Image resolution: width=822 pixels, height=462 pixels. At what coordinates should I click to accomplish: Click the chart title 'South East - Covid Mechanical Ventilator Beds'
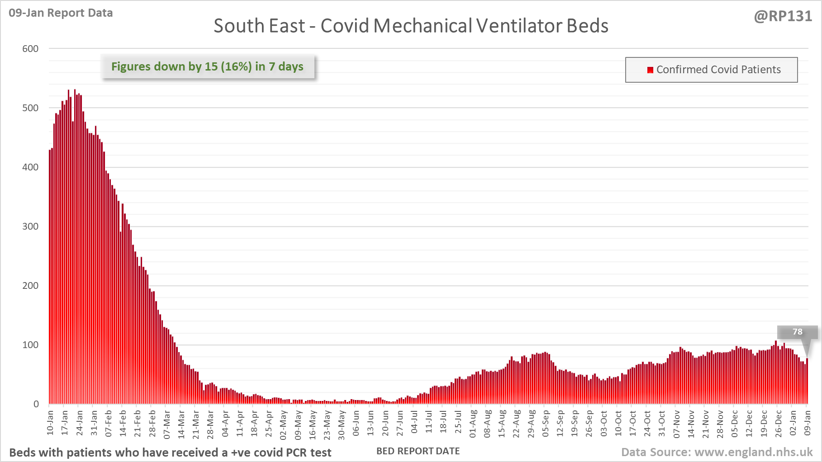point(411,26)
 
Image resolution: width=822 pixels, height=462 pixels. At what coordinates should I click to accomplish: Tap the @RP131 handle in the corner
point(783,16)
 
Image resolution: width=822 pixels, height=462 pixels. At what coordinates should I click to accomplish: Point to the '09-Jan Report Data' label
point(61,13)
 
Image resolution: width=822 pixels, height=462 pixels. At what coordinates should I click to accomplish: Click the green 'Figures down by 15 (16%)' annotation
point(208,66)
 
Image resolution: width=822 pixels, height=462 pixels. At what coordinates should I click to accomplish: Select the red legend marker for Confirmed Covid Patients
point(650,70)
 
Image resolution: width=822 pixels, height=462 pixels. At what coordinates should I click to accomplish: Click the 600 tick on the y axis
point(30,48)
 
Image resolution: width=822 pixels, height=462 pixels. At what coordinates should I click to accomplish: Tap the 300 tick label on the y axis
point(30,226)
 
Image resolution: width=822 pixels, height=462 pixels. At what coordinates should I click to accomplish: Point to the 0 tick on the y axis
point(36,404)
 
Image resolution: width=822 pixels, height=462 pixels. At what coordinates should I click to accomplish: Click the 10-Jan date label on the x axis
point(50,423)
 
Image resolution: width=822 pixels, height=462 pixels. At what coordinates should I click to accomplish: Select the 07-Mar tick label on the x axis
point(166,424)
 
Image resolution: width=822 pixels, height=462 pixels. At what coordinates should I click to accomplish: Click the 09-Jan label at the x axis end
point(808,423)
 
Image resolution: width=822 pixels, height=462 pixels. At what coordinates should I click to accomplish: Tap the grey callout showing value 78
point(797,332)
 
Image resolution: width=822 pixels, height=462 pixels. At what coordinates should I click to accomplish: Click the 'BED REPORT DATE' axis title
point(418,451)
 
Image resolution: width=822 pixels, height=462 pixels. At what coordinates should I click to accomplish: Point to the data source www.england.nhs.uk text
point(717,452)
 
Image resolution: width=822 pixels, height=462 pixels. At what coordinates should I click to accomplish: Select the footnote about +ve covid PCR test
point(170,453)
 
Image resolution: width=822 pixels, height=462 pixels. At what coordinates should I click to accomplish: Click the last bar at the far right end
point(807,382)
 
